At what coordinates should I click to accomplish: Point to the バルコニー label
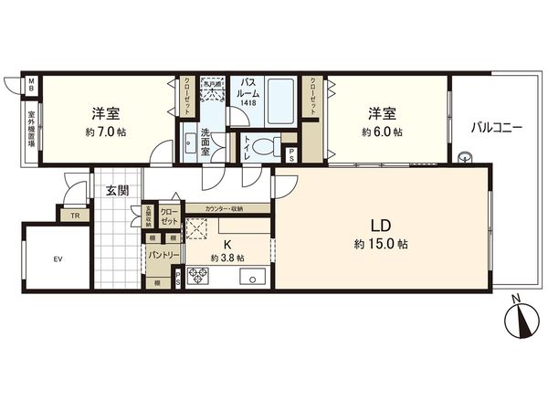click(496, 128)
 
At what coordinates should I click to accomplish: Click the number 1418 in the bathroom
click(248, 103)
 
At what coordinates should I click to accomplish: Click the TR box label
click(74, 216)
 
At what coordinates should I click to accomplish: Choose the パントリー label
click(164, 254)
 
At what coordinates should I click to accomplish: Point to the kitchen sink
click(252, 276)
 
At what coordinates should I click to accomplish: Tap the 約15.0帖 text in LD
click(381, 245)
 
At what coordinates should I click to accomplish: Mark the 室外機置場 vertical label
click(31, 133)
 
